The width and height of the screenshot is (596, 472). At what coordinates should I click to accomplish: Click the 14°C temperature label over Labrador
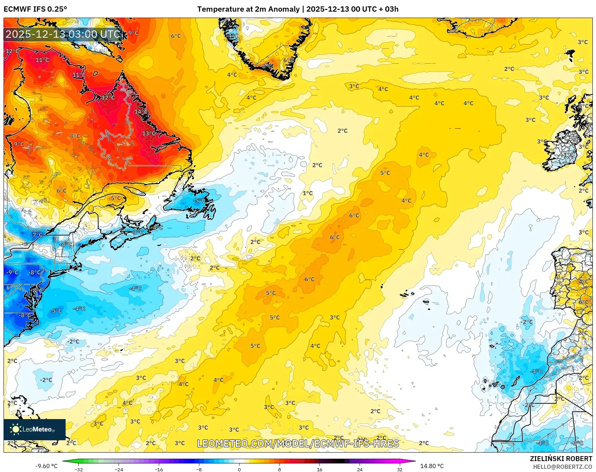(x=141, y=111)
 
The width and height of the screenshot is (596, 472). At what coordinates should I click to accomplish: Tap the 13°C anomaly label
(x=149, y=134)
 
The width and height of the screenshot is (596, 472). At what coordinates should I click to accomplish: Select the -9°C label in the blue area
(x=12, y=272)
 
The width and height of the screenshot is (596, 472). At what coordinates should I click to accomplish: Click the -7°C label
(x=36, y=235)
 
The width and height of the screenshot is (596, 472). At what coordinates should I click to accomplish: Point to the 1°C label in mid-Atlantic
(x=308, y=193)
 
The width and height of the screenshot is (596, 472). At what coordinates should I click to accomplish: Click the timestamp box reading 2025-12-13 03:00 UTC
(x=63, y=34)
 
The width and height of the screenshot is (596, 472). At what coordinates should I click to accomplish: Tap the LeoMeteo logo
(x=34, y=429)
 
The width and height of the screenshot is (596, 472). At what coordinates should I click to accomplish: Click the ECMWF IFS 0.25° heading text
(x=35, y=9)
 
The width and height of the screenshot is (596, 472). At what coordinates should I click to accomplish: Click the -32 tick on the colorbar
(x=79, y=469)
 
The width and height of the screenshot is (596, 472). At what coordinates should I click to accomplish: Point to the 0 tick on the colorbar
(x=239, y=469)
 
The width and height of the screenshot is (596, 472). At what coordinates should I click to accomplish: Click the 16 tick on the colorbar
(x=319, y=469)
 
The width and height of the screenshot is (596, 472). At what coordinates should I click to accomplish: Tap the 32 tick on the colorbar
(x=399, y=469)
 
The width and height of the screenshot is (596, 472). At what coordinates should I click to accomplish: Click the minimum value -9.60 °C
(x=46, y=466)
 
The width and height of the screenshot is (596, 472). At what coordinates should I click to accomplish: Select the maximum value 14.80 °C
(x=432, y=466)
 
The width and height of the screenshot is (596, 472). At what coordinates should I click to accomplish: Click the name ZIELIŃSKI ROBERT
(x=561, y=459)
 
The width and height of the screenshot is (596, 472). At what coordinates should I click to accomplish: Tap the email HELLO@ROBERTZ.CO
(x=562, y=467)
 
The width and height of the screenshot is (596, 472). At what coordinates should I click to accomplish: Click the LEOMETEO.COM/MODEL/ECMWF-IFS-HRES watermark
(x=298, y=443)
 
